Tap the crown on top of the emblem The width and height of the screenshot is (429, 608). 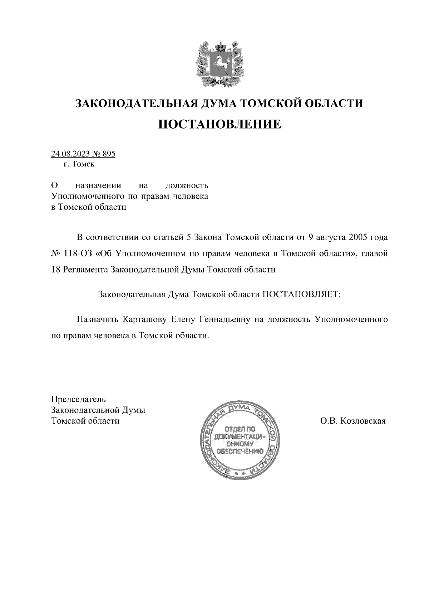[219, 46]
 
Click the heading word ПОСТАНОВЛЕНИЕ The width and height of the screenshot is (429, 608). [220, 124]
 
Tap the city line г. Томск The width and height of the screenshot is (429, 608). [79, 164]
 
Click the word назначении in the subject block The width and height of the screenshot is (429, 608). [98, 186]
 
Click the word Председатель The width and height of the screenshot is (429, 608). [79, 399]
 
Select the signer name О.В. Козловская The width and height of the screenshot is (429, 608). [353, 421]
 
